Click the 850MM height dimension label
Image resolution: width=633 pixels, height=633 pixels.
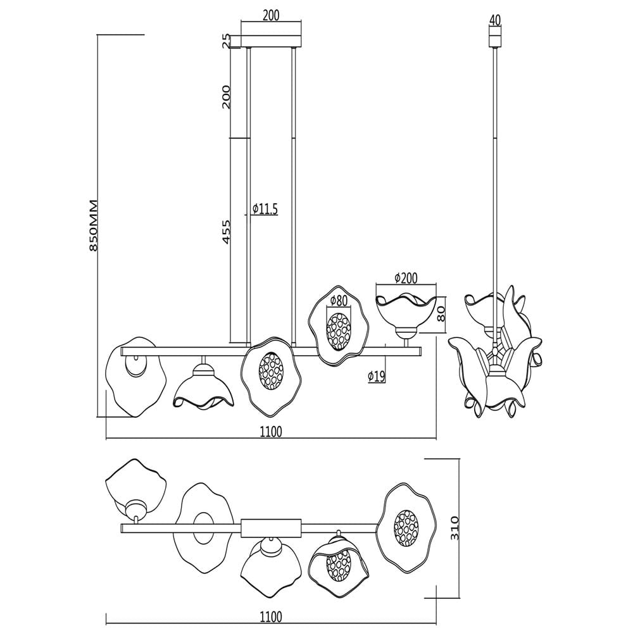93,225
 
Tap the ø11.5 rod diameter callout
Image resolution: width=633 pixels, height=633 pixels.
265,209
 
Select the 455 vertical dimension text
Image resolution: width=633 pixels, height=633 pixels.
227,232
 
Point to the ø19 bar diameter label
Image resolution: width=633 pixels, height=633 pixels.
376,376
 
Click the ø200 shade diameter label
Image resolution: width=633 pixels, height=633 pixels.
406,278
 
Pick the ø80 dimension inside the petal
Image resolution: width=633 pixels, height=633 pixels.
339,300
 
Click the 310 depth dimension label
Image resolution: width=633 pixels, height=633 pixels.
454,527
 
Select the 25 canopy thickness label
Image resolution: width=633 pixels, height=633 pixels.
227,41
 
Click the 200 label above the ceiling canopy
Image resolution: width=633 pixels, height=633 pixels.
271,15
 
